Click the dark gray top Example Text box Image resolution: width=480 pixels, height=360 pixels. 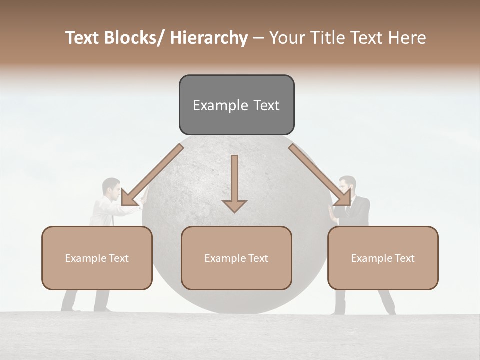[236, 105]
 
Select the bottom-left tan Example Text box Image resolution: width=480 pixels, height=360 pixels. [97, 258]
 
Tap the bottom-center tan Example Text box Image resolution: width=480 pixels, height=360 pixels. [236, 258]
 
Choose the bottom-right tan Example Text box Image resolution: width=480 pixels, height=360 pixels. [383, 258]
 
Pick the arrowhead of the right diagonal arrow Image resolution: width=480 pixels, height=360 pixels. [343, 197]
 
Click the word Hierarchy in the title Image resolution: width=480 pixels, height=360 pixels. [209, 38]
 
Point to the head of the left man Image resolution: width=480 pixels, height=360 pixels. [111, 188]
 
